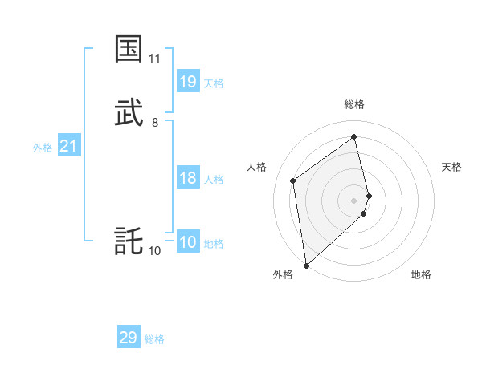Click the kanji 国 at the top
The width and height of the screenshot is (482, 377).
coord(129,49)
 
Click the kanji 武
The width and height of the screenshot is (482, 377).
coord(129,113)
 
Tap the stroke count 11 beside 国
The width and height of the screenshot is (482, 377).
coord(155,59)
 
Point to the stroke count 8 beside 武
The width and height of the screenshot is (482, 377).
coord(155,123)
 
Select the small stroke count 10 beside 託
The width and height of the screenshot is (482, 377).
coord(155,251)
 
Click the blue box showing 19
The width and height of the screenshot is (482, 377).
coord(188,82)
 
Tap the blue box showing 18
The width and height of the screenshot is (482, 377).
coord(188,178)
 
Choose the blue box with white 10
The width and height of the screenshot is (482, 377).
coord(188,242)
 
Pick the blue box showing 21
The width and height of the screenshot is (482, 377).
coord(69,146)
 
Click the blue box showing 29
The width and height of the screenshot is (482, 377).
coord(129,338)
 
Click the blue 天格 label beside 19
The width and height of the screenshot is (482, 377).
coord(214,83)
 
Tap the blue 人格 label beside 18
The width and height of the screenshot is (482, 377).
coord(214,180)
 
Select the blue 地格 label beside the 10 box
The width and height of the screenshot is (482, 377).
coord(214,244)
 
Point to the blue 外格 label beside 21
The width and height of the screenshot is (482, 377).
coord(43,148)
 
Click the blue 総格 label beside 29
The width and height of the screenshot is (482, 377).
coord(154,339)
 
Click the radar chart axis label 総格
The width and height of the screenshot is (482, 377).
coord(354,104)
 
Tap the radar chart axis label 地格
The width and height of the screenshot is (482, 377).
coord(421,274)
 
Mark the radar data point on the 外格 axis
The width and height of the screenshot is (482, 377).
coord(306,265)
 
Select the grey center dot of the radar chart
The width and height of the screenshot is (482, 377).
coord(354,199)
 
